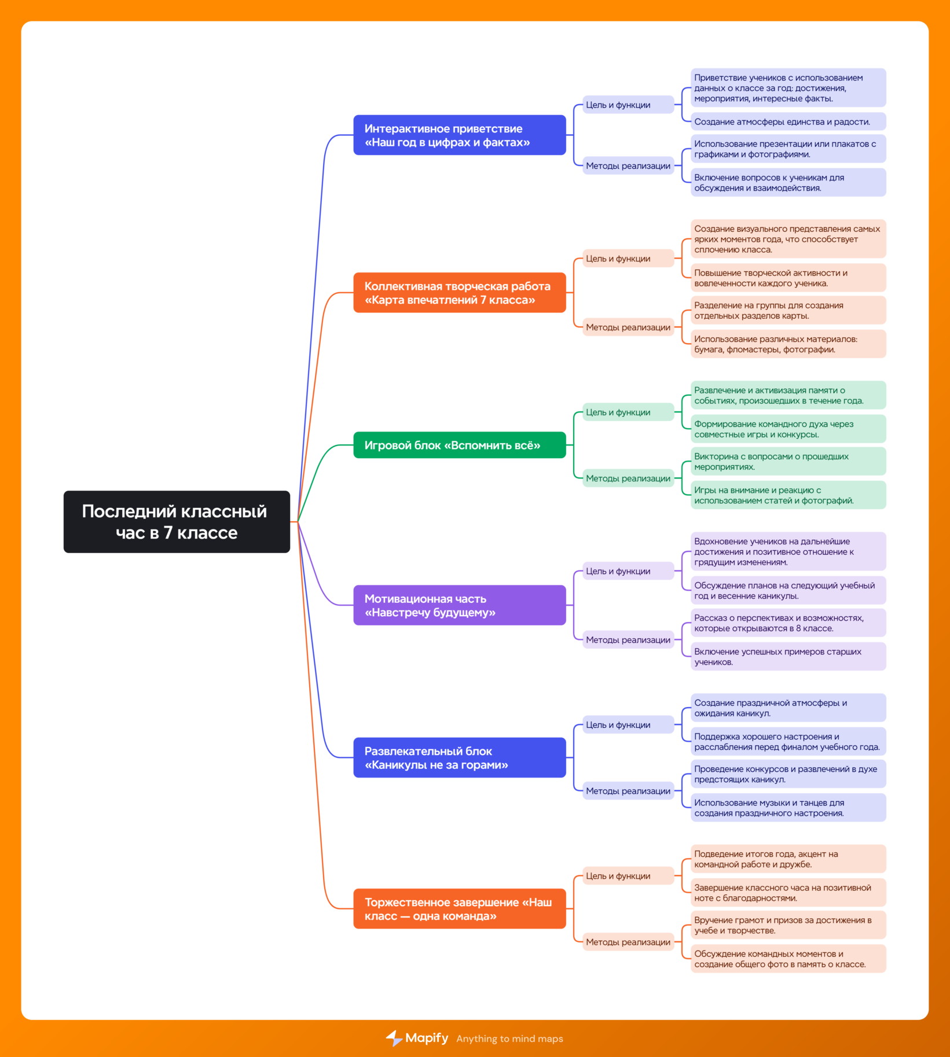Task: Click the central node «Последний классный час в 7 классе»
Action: [x=177, y=522]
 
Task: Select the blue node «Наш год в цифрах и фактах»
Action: [x=460, y=135]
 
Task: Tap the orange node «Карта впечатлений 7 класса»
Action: [x=460, y=293]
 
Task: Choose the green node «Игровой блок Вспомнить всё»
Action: [x=460, y=445]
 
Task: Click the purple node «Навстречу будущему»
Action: [x=460, y=605]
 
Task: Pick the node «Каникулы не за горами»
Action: [x=460, y=758]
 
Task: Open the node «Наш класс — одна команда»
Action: [x=460, y=909]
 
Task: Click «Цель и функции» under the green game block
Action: [x=628, y=412]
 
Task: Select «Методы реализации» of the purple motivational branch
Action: [x=628, y=640]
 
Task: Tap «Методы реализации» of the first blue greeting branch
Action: [x=628, y=166]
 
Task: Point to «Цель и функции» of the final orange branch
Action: [x=628, y=876]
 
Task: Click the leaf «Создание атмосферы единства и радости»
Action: [x=788, y=121]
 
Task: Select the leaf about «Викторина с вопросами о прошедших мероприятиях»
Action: [x=788, y=462]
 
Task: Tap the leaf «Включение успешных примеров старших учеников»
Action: [x=788, y=657]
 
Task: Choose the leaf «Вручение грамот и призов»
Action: [x=788, y=925]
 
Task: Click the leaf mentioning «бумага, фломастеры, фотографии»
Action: [x=788, y=344]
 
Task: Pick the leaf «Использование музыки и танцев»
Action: [x=788, y=808]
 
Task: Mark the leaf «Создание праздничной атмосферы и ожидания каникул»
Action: [x=788, y=708]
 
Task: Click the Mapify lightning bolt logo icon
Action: [x=394, y=1038]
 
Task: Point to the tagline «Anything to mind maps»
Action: [x=509, y=1039]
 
